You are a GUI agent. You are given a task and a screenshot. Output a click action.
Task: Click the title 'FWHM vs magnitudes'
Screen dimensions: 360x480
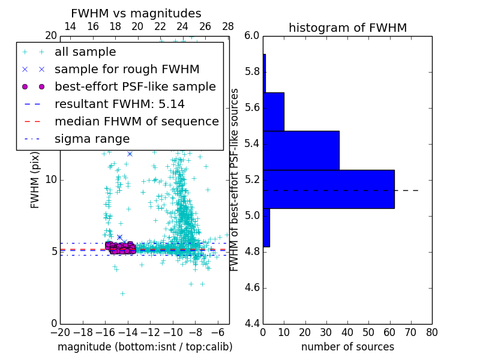(x=136, y=14)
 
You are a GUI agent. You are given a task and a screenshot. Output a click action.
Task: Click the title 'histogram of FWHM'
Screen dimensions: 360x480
(x=347, y=28)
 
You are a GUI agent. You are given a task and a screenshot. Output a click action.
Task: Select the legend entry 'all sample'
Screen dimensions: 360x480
(x=85, y=52)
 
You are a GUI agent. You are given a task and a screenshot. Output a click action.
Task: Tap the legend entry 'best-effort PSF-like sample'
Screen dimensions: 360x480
(x=135, y=87)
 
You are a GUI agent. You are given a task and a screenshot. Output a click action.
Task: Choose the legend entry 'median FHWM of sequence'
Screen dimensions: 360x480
(x=136, y=121)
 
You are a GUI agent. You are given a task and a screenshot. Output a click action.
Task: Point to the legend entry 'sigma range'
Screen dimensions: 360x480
(x=92, y=139)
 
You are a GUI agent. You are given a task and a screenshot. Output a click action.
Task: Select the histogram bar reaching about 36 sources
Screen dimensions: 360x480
(x=301, y=151)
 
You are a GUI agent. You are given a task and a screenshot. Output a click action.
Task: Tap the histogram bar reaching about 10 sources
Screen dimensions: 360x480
(x=274, y=112)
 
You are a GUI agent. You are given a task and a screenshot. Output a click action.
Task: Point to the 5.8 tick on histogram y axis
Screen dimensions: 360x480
(x=251, y=72)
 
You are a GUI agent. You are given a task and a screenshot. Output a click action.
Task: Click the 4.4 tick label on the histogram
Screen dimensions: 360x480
(x=251, y=324)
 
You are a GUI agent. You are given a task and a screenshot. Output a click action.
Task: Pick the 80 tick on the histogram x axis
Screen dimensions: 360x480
(x=432, y=332)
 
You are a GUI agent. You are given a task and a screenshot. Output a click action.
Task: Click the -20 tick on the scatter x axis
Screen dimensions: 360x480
(x=60, y=332)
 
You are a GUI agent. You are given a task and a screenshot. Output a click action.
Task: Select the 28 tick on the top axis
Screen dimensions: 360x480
(x=228, y=26)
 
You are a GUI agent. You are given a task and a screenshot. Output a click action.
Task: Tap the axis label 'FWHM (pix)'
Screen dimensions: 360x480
(x=35, y=180)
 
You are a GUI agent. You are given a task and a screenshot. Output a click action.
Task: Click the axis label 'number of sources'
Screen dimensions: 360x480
(x=347, y=347)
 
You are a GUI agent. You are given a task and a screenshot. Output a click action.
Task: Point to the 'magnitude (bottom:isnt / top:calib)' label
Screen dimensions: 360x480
(x=145, y=347)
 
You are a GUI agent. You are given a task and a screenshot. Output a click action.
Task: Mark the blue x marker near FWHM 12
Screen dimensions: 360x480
(x=130, y=154)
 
